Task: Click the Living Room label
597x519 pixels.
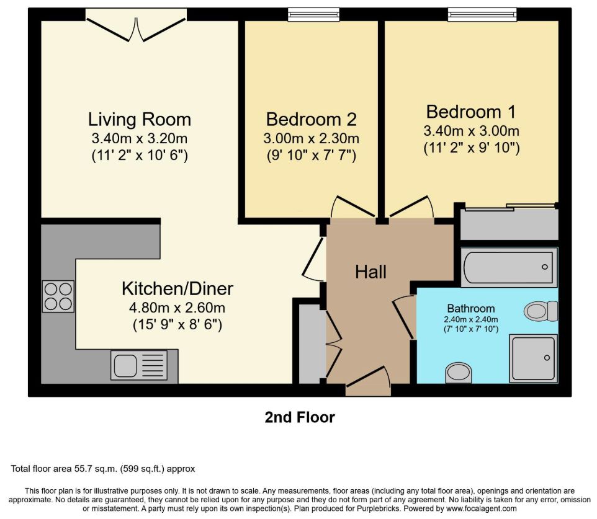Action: (x=140, y=120)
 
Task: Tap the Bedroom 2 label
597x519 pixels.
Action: (x=311, y=119)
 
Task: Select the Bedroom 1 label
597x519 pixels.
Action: (x=471, y=112)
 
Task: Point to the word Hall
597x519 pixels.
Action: (x=371, y=272)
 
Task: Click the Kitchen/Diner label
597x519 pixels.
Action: (x=177, y=289)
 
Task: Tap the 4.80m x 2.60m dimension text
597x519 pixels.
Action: (x=177, y=308)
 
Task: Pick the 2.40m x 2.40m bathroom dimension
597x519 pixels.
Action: (x=471, y=319)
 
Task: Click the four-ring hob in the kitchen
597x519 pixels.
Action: (x=58, y=296)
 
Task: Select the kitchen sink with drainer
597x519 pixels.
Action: (x=139, y=365)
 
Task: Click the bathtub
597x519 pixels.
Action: (x=509, y=267)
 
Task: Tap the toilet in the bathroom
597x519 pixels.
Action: (x=541, y=311)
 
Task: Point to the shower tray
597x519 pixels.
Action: (x=534, y=358)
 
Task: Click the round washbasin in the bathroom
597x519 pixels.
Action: (x=459, y=373)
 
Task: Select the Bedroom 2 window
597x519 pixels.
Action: (x=313, y=14)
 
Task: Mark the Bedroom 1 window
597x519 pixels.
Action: (x=482, y=14)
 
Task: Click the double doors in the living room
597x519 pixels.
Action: (x=136, y=25)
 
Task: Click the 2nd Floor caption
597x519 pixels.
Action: (x=300, y=417)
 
